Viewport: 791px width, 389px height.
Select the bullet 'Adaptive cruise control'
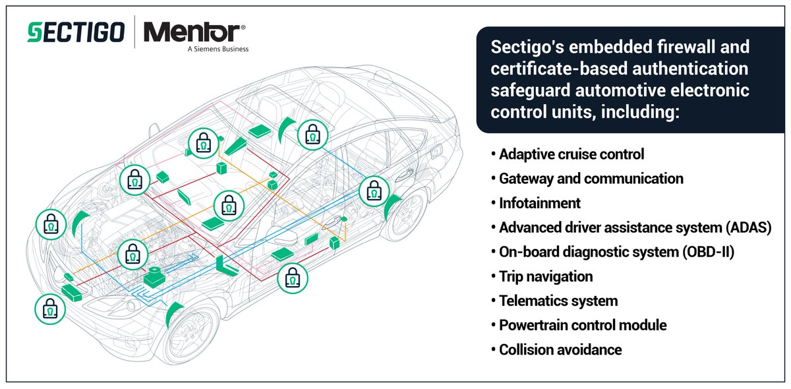pos(571,154)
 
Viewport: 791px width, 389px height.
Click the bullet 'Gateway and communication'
pos(591,179)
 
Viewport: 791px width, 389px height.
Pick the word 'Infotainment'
pos(540,203)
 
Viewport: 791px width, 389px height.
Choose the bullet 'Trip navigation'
pos(546,276)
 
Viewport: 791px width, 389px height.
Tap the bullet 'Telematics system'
pos(558,301)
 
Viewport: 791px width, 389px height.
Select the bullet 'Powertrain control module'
pos(583,325)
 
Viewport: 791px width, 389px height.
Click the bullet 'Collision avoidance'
pos(560,349)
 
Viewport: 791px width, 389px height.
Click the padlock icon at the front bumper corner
pos(50,309)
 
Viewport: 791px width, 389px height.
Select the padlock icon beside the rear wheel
pos(373,191)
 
